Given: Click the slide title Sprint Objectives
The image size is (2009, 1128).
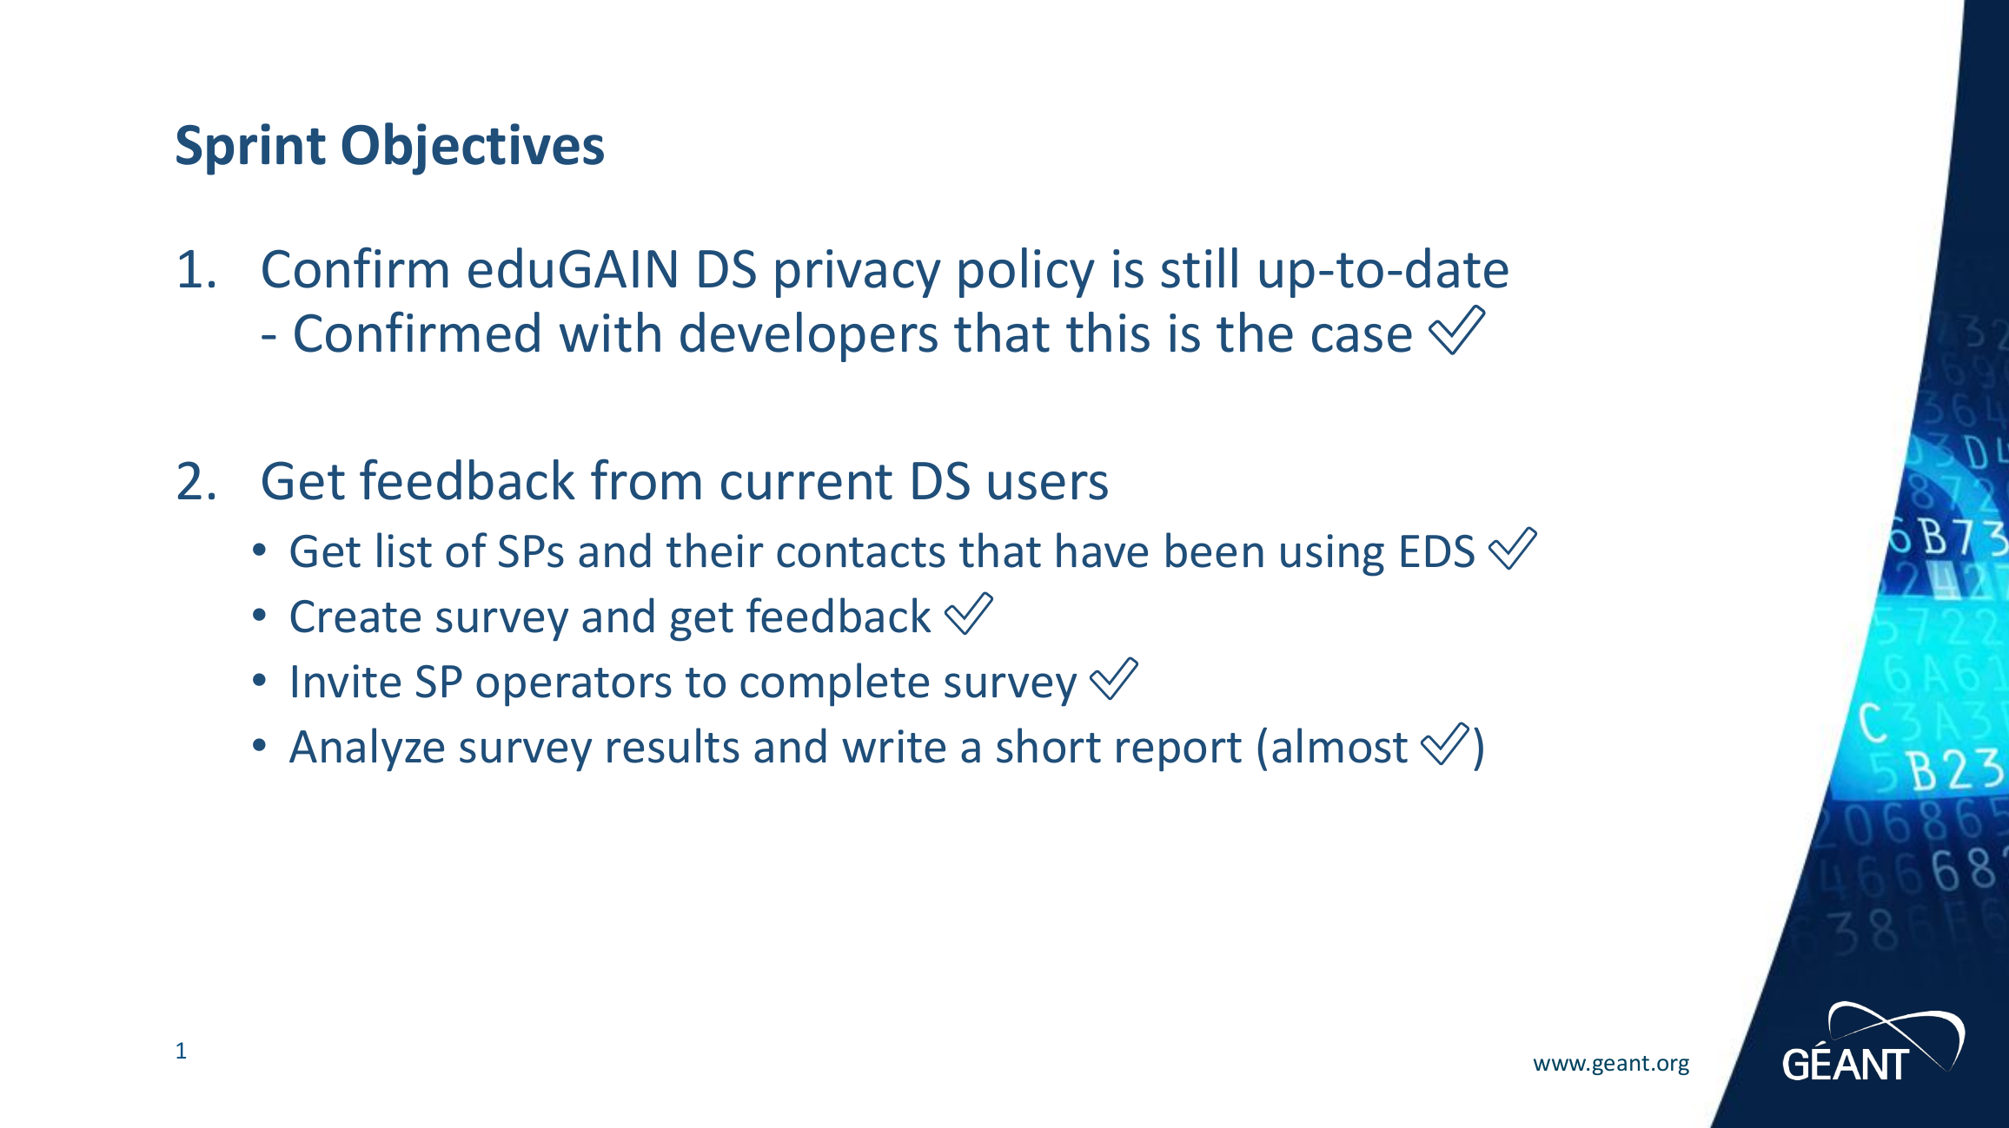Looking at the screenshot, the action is point(389,146).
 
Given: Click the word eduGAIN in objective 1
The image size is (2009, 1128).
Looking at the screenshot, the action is point(573,269).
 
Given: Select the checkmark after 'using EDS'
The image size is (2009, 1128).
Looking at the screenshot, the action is point(1512,549).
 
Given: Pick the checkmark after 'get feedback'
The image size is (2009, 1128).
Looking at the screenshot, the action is point(968,614).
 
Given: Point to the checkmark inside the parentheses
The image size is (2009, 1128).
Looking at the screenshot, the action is point(1444,744).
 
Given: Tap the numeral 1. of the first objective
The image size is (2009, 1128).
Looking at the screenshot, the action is point(196,269).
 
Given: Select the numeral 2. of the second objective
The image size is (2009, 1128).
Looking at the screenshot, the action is point(196,481).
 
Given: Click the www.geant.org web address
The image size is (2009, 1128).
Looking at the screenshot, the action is point(1611,1063).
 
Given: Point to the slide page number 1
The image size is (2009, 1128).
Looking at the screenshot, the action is point(181,1051).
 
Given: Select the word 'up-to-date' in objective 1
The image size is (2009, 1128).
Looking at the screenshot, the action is point(1382,269).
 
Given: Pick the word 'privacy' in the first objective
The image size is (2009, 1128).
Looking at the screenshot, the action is point(857,271).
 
